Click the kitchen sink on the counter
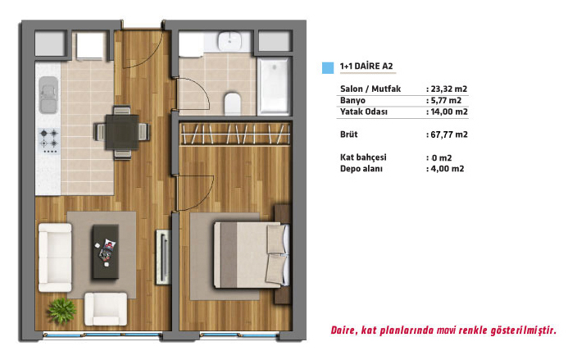tap(48, 94)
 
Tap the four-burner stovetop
tap(49, 141)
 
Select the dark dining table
tap(122, 132)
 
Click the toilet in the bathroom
tap(232, 103)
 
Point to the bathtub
tap(275, 86)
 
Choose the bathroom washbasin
tap(229, 41)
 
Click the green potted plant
tap(62, 310)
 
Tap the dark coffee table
tap(106, 251)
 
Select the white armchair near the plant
tap(106, 309)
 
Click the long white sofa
tap(55, 257)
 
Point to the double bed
tap(252, 255)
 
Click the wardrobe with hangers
tap(235, 134)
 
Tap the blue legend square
tap(328, 68)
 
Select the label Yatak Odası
tap(364, 112)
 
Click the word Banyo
tap(352, 100)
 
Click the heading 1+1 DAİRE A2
tap(366, 66)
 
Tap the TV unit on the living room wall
tap(163, 257)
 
